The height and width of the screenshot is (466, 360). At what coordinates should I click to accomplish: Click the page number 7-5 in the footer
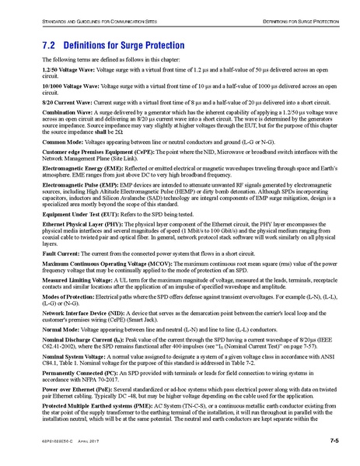[x=334, y=441]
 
